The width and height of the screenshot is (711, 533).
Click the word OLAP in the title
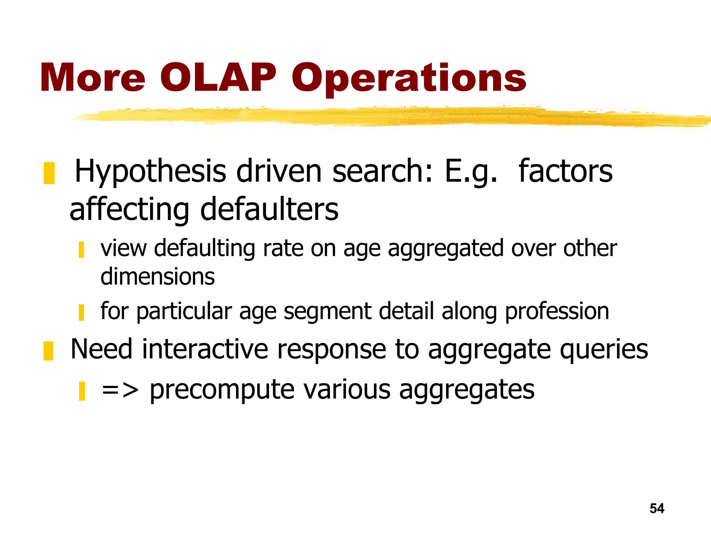point(218,78)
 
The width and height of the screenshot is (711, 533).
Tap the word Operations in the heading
point(409,79)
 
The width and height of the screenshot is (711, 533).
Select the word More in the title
point(92,78)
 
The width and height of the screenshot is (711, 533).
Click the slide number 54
point(657,508)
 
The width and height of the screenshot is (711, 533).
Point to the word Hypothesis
point(150,171)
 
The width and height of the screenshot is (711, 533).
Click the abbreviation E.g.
point(471,171)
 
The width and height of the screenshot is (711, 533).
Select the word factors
point(566,171)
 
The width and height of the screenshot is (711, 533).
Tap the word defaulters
point(269,209)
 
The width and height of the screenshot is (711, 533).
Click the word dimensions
point(158,277)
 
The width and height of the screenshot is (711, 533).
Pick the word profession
point(557,311)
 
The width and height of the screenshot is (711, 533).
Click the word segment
point(327,311)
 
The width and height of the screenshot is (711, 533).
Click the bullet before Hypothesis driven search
point(49,173)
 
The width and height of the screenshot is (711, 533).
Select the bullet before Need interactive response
point(48,351)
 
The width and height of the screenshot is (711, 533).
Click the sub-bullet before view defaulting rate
point(82,250)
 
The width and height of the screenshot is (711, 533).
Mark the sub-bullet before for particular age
point(82,313)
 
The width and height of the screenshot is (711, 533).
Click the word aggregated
point(446,249)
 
